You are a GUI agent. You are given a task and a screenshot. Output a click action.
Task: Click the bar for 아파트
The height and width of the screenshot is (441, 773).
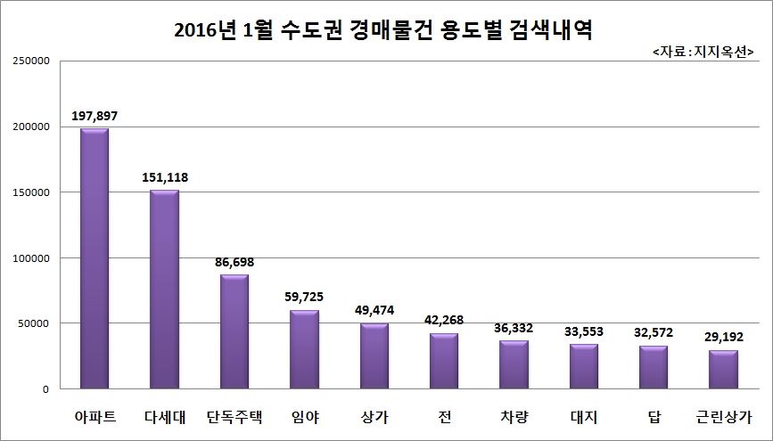coord(95,258)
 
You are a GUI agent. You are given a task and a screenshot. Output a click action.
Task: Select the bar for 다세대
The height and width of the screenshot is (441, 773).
coord(164,290)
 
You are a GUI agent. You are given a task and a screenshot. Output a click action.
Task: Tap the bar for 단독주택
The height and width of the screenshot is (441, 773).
coord(234,331)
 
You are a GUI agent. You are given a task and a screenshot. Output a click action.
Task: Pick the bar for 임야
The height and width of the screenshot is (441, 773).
coord(304,349)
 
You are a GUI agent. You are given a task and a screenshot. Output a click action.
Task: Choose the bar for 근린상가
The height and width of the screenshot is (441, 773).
coord(723,370)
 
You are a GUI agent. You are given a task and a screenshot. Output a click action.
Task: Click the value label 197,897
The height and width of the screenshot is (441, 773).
coord(95,117)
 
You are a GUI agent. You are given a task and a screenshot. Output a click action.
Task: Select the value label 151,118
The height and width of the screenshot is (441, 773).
coord(164,177)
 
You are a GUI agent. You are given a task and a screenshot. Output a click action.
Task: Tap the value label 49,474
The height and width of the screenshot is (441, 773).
coord(374,310)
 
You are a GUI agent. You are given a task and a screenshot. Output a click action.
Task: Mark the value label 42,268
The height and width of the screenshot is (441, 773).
coord(443,320)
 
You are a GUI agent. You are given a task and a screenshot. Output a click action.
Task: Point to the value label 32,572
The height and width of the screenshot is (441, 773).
coord(654,332)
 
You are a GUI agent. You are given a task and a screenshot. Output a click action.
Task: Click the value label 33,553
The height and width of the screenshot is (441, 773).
coord(584,331)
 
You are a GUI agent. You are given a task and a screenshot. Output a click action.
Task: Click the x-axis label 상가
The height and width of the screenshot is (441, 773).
coord(374,415)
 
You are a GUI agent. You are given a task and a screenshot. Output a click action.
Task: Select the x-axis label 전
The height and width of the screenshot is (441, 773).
coord(443,415)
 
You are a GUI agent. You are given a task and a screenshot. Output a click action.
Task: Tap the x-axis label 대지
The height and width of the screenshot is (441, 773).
coord(584,415)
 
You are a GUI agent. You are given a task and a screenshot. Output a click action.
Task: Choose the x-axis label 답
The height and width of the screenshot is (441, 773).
coord(654,415)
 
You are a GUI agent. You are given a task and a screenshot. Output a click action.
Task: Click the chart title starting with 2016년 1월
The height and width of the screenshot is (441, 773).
coord(385,30)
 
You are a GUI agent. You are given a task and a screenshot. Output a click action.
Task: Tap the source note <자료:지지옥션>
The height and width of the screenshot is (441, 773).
coord(703,53)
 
